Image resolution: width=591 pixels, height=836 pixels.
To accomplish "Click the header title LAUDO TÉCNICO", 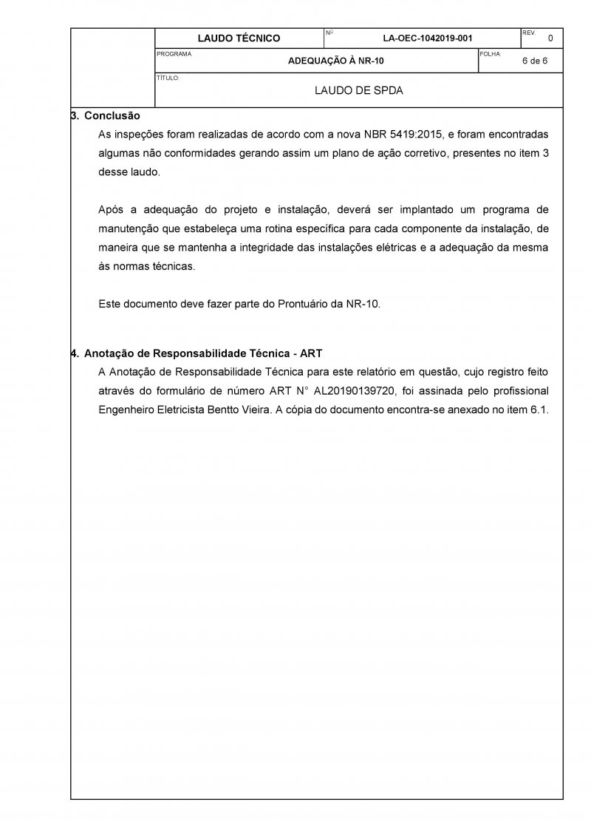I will [239, 38].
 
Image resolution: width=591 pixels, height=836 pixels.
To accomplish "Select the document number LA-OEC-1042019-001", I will [428, 38].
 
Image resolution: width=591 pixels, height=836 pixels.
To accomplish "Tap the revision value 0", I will [550, 38].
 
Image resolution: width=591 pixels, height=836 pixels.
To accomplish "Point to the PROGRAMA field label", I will [174, 54].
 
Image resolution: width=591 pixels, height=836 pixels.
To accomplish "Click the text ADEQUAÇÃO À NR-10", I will [335, 61].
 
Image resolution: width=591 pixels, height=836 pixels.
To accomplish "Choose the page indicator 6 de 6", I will [534, 61].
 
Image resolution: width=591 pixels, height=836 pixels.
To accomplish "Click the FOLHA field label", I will [490, 54].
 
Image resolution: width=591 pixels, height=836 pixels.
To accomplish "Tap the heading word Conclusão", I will [112, 116].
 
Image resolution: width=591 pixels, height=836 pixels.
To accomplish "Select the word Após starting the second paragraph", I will [111, 209].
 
